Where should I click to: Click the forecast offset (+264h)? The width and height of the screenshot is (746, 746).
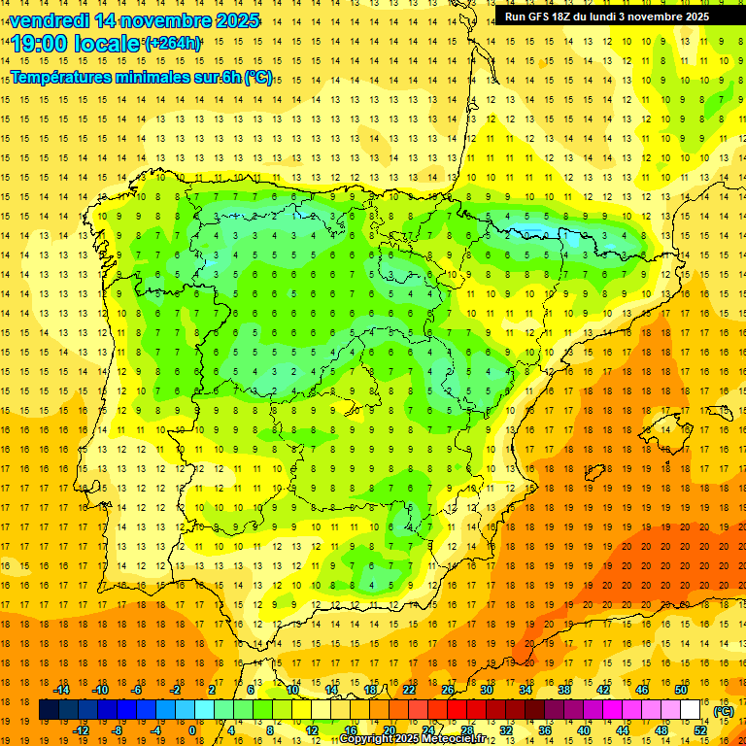coord(173,44)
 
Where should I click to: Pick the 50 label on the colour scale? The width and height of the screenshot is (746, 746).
coord(680,690)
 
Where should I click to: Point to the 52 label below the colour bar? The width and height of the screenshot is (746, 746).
coord(699,730)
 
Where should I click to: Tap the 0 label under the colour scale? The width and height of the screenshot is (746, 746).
coord(192,730)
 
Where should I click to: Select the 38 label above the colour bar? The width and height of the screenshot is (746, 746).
coord(564,690)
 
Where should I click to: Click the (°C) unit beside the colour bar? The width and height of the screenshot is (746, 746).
coord(723,710)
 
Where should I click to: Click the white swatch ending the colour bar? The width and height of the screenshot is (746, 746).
coord(691,710)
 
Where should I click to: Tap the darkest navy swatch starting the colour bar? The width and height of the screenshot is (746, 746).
coord(49,710)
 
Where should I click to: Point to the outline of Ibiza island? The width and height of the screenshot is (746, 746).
coord(594,473)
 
